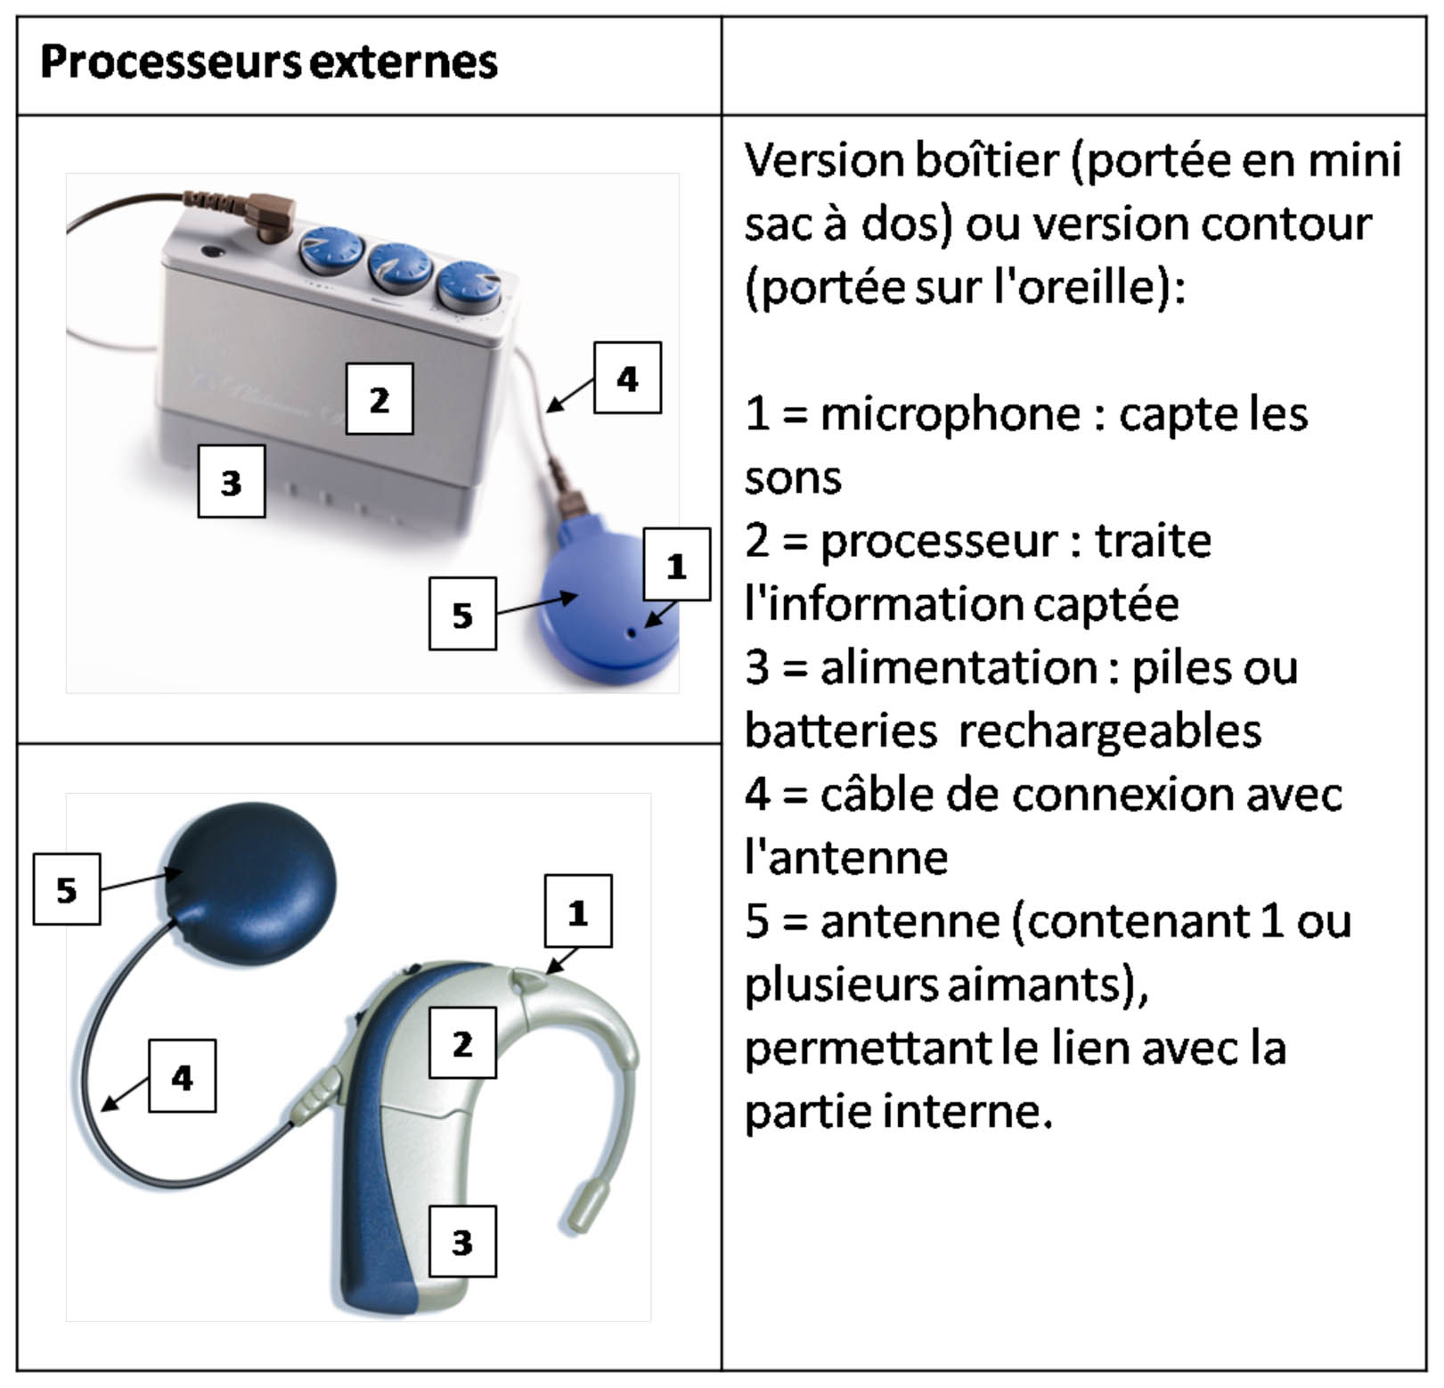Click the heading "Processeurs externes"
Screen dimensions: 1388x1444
click(x=268, y=62)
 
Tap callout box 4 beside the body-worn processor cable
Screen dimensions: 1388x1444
click(x=627, y=378)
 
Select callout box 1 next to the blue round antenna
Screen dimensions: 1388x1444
click(x=676, y=565)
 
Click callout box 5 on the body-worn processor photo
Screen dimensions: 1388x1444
click(x=462, y=614)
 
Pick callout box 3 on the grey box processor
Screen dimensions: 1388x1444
click(x=231, y=482)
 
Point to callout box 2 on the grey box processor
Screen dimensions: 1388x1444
click(x=379, y=399)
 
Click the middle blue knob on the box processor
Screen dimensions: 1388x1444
click(x=401, y=267)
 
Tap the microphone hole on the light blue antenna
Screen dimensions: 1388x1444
click(x=632, y=633)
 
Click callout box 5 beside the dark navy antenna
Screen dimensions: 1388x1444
click(x=67, y=889)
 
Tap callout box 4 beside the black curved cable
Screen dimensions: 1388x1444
click(x=182, y=1076)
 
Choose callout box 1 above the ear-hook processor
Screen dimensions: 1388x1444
click(x=578, y=911)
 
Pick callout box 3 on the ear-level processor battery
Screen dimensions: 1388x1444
click(x=462, y=1242)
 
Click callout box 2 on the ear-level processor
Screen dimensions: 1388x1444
click(x=462, y=1043)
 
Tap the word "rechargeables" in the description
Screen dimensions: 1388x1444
click(x=1109, y=731)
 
